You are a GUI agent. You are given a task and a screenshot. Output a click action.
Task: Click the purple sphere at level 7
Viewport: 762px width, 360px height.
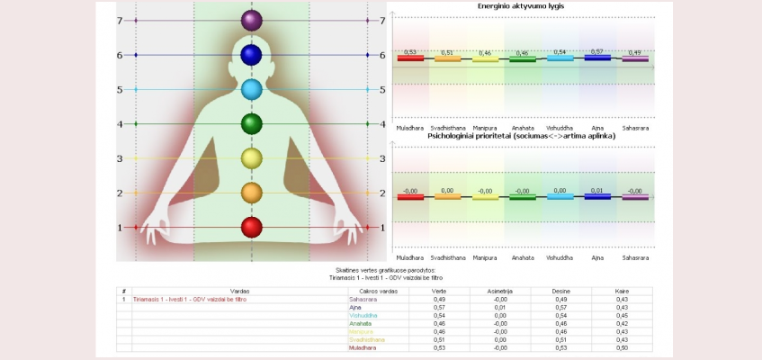pyautogui.click(x=251, y=20)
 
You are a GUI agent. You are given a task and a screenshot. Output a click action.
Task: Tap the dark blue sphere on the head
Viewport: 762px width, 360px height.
pyautogui.click(x=251, y=55)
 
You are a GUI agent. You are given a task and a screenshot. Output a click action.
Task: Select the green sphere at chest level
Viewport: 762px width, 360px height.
pyautogui.click(x=251, y=123)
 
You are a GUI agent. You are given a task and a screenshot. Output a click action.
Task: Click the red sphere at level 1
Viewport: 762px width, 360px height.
pyautogui.click(x=251, y=227)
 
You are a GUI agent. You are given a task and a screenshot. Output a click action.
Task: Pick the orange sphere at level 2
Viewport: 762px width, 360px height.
pyautogui.click(x=251, y=192)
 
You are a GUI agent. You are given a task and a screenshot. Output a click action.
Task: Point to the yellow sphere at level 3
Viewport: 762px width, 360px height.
pyautogui.click(x=251, y=158)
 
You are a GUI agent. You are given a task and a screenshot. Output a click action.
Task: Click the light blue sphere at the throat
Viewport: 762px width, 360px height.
pyautogui.click(x=251, y=89)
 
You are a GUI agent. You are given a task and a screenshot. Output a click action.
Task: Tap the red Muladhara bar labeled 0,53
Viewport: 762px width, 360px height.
pyautogui.click(x=410, y=59)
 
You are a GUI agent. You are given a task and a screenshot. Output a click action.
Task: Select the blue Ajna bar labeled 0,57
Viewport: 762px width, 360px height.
pyautogui.click(x=597, y=58)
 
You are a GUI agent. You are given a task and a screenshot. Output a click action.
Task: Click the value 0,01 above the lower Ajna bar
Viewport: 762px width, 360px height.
pyautogui.click(x=597, y=190)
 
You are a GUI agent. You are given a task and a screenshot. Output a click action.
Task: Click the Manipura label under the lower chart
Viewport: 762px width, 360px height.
pyautogui.click(x=485, y=256)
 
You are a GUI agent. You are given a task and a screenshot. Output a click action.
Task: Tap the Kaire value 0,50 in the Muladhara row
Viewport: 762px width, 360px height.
pyautogui.click(x=622, y=346)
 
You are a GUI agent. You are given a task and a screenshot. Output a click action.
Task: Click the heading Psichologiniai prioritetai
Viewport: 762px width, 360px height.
pyautogui.click(x=526, y=137)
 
